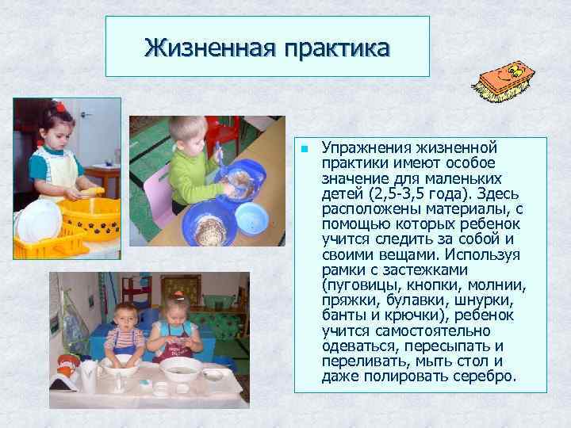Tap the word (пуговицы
(x=358, y=285)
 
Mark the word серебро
(x=482, y=376)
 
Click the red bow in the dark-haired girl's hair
(x=60, y=107)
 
